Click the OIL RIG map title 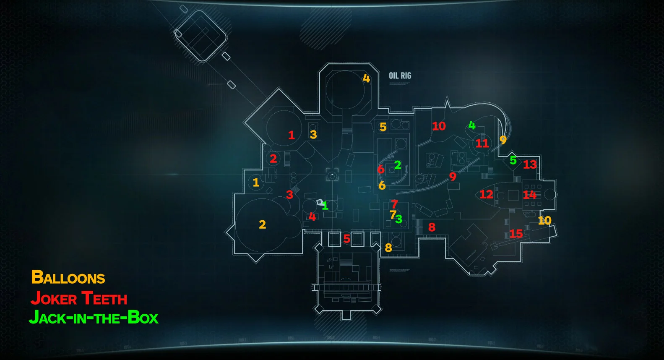point(400,76)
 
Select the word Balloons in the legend point(68,278)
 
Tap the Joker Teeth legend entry point(79,298)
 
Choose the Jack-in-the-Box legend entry point(94,318)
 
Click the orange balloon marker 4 point(366,78)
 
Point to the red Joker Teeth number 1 point(292,135)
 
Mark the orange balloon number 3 point(313,135)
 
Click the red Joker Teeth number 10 point(439,126)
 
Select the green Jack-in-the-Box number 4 point(472,125)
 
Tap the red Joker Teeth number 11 point(482,143)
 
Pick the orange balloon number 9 point(503,140)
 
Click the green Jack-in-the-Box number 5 point(513,160)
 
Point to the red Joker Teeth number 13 point(530,164)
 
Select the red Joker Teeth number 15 point(516,234)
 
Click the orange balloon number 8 point(388,248)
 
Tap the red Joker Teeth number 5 point(346,239)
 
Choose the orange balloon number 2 point(263,224)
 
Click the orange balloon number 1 point(256,183)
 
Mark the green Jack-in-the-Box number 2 point(398,165)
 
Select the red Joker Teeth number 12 point(486,194)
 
